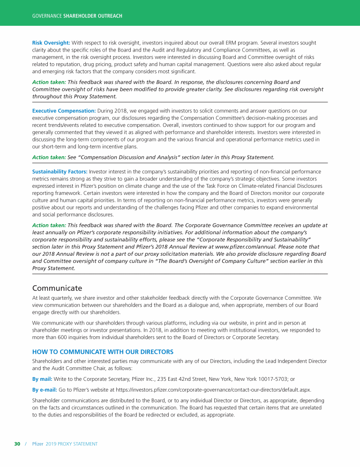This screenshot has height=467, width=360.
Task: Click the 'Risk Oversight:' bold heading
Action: pyautogui.click(x=51, y=43)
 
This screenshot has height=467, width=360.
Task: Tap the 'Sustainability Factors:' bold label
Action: pyautogui.click(x=60, y=172)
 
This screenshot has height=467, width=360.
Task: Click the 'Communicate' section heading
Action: pyautogui.click(x=57, y=288)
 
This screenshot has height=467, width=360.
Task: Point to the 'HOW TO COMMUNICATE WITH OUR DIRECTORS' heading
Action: pyautogui.click(x=103, y=352)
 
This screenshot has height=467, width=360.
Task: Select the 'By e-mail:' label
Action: pyautogui.click(x=45, y=390)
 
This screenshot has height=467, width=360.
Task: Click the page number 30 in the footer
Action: pyautogui.click(x=17, y=444)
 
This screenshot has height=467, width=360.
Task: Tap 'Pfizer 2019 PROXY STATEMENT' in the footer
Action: pyautogui.click(x=65, y=444)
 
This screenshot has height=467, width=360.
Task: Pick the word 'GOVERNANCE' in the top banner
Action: pyautogui.click(x=47, y=16)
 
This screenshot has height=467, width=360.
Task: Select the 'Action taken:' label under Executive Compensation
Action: pyautogui.click(x=49, y=157)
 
